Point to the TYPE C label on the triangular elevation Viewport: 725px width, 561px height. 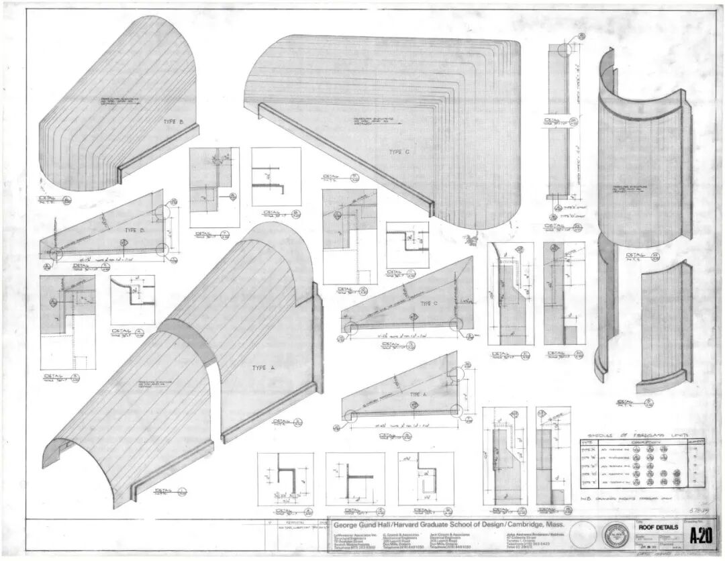tap(428, 303)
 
